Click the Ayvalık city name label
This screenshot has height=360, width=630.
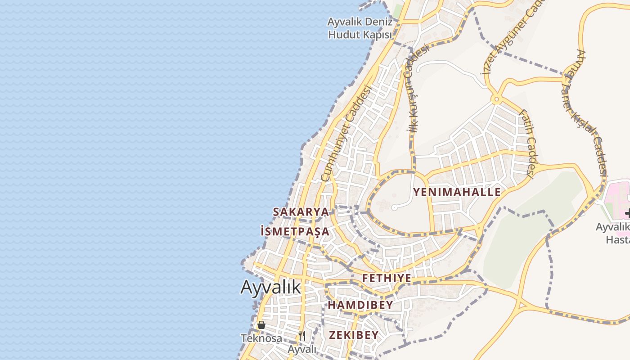(x=270, y=287)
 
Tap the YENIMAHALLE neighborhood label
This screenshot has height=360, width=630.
(x=457, y=192)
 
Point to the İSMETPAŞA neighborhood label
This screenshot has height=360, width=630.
(x=295, y=232)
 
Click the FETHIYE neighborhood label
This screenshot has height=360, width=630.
(x=387, y=278)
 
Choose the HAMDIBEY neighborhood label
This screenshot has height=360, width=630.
(x=360, y=305)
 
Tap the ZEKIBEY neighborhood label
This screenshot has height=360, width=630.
(x=354, y=335)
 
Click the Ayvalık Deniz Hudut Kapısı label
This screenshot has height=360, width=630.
(x=360, y=28)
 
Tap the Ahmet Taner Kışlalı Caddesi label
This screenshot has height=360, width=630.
(x=590, y=112)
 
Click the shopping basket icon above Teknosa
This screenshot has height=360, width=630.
(x=261, y=325)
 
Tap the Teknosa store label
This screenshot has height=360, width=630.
(x=261, y=338)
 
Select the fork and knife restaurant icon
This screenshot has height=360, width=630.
(x=302, y=336)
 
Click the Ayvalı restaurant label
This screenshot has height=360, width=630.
(x=302, y=349)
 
